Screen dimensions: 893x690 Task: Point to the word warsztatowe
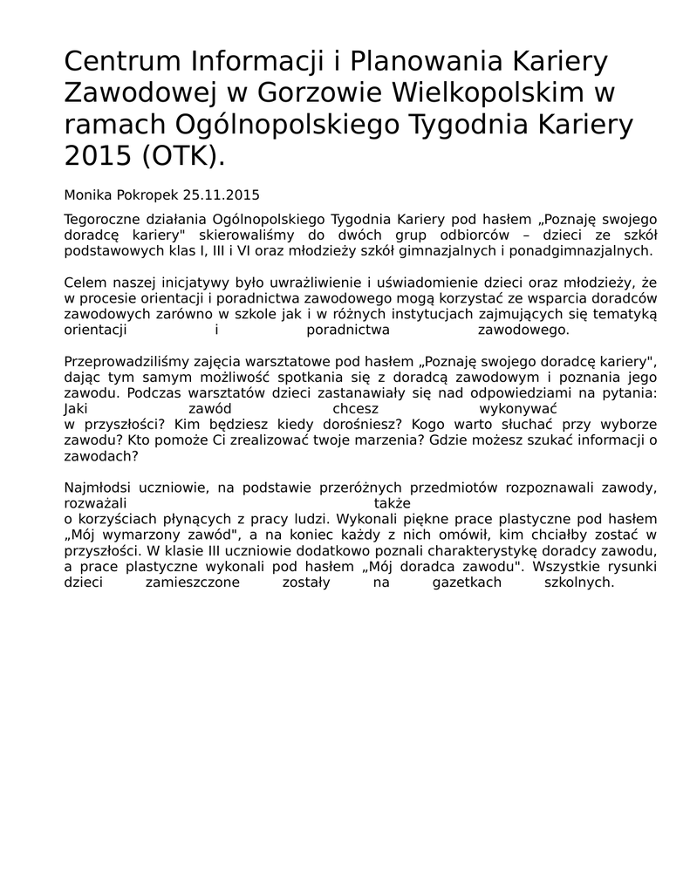pos(282,361)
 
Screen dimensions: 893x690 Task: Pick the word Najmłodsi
pos(97,487)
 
